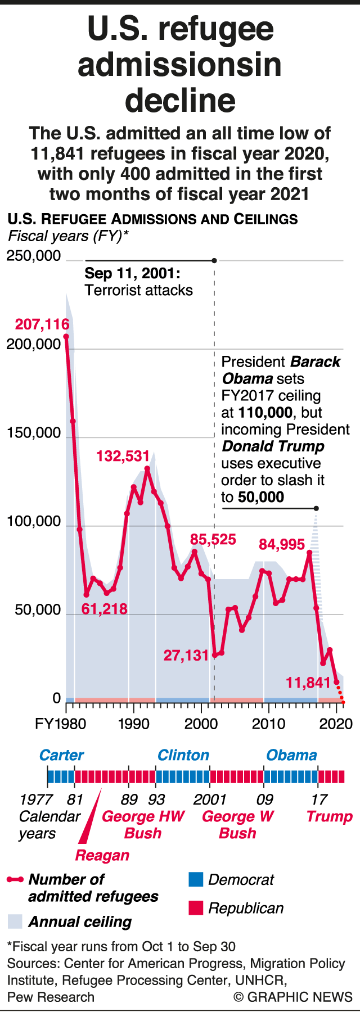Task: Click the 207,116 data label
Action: click(x=42, y=324)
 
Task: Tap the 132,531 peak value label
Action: click(x=123, y=456)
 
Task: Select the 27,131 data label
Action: click(x=186, y=655)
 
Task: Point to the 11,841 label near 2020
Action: click(x=308, y=683)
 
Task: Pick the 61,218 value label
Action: click(x=104, y=609)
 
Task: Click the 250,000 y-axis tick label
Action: click(x=33, y=256)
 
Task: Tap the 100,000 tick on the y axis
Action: click(x=33, y=522)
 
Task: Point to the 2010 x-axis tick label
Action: click(x=268, y=724)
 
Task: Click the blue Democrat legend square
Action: click(x=195, y=879)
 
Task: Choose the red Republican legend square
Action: click(x=195, y=907)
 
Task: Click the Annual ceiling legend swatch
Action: click(x=15, y=921)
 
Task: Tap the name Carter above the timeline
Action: click(x=61, y=755)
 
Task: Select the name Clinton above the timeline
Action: click(x=183, y=755)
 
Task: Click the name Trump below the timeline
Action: click(x=329, y=816)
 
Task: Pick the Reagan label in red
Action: click(x=102, y=855)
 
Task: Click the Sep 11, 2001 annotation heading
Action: click(x=132, y=274)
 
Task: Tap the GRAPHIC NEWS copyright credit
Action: click(x=293, y=997)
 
